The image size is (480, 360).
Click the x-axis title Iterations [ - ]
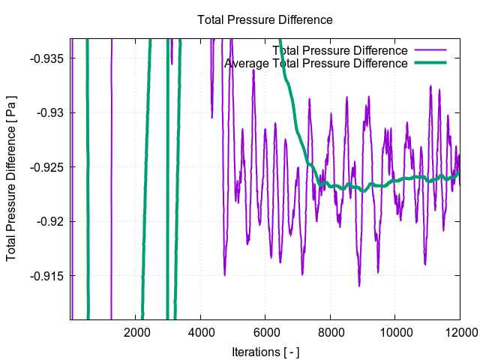[x=265, y=351]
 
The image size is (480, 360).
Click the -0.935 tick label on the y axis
[x=47, y=58]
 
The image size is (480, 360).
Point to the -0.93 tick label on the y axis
[x=50, y=112]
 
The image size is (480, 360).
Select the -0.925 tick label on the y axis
[x=47, y=167]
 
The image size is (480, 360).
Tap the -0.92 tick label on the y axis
[x=50, y=221]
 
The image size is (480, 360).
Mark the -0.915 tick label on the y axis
[x=47, y=276]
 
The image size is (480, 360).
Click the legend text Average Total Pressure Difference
[x=316, y=64]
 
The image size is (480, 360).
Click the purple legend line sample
[x=430, y=50]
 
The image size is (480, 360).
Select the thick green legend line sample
[x=430, y=64]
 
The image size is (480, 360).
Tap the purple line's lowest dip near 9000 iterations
[x=359, y=286]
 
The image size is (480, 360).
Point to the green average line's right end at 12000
[x=459, y=171]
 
